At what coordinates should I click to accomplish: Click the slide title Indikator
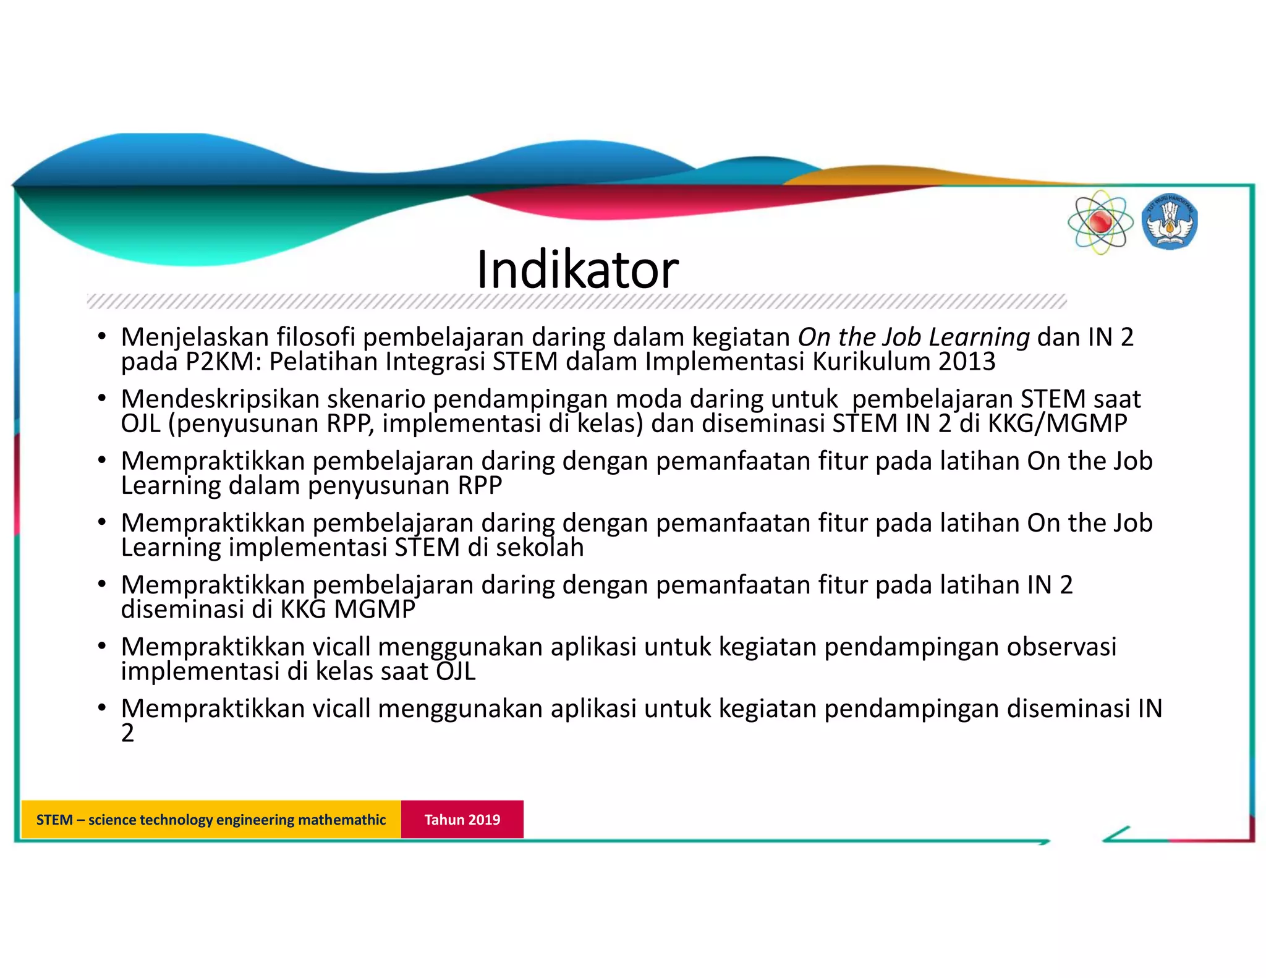(x=577, y=270)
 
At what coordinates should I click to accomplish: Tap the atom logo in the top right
(x=1100, y=223)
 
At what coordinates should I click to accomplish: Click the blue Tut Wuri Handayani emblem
(x=1169, y=223)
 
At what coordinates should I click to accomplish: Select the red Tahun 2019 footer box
(x=462, y=819)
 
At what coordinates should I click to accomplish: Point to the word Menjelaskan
(x=195, y=338)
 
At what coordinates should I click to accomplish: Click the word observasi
(x=1061, y=647)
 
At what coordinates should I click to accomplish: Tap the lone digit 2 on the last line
(x=127, y=734)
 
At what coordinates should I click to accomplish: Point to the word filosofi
(x=315, y=338)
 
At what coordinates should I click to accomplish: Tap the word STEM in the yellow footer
(x=54, y=820)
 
